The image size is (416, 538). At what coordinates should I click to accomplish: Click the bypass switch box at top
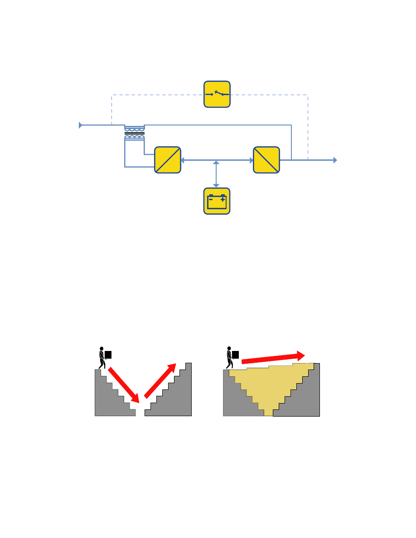217,94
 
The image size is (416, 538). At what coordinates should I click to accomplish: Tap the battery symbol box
217,201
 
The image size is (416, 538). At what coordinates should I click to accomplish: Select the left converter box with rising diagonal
168,159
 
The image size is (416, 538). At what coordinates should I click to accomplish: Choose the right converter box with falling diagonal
266,159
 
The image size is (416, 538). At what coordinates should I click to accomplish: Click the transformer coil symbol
135,133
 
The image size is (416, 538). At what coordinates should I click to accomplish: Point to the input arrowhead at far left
81,125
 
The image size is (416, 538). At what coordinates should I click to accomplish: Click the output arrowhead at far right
335,160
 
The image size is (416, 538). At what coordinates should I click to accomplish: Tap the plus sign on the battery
223,199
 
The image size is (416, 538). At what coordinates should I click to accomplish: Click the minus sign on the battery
211,199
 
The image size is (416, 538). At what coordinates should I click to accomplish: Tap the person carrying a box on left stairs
102,357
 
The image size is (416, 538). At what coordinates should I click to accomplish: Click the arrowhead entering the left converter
183,160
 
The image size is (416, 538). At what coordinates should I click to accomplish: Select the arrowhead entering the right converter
251,160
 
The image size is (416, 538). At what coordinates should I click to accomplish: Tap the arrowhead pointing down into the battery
217,185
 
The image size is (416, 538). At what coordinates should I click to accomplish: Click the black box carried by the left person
108,355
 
